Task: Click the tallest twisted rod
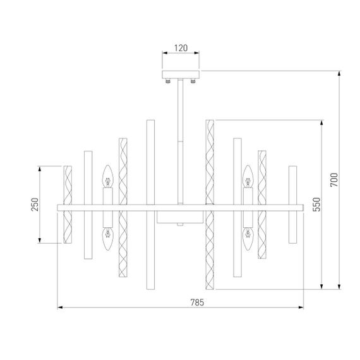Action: pyautogui.click(x=210, y=205)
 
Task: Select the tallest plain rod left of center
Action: pyautogui.click(x=150, y=205)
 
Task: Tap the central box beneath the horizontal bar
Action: pyautogui.click(x=179, y=219)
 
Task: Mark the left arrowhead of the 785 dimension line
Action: pyautogui.click(x=60, y=308)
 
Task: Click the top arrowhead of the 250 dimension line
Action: pyautogui.click(x=40, y=168)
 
